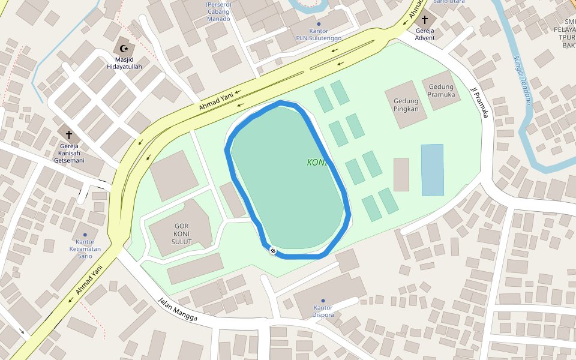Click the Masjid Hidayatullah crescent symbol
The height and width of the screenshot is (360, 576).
(x=124, y=48)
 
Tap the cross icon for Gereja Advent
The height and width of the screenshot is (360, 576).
(x=425, y=19)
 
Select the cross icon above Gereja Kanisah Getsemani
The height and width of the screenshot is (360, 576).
(x=68, y=135)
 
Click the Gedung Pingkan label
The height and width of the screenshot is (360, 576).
(x=406, y=105)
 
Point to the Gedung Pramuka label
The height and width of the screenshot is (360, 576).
(x=442, y=91)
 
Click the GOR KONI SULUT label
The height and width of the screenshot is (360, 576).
(x=182, y=234)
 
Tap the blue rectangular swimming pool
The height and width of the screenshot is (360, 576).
(x=432, y=170)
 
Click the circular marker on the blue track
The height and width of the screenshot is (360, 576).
(x=273, y=251)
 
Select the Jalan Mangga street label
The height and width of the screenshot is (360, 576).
(x=177, y=310)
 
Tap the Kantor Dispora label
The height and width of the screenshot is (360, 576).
(x=323, y=311)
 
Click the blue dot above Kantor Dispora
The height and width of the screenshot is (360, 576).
(x=323, y=301)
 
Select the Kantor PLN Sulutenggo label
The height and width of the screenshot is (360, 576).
(x=319, y=34)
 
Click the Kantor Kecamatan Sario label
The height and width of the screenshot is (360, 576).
(x=85, y=248)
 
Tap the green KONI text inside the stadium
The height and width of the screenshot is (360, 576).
(x=316, y=163)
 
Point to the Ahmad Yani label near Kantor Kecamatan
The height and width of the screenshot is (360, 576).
(x=87, y=284)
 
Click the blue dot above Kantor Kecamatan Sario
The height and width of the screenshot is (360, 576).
(x=85, y=235)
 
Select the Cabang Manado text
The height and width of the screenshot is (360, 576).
(x=218, y=15)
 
